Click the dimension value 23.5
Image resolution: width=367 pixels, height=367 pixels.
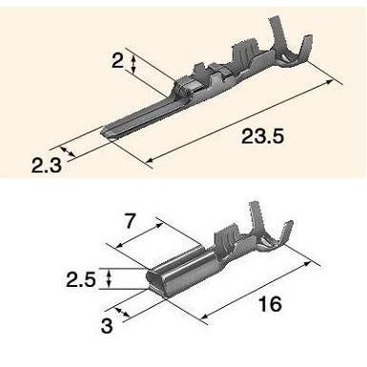pyautogui.click(x=261, y=137)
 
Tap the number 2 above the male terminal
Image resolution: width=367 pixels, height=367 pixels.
pyautogui.click(x=117, y=62)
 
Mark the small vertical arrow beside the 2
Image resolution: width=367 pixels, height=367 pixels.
pyautogui.click(x=134, y=64)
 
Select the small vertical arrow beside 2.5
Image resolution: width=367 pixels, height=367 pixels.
pyautogui.click(x=112, y=277)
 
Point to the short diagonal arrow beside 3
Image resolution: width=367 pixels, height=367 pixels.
pyautogui.click(x=120, y=312)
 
